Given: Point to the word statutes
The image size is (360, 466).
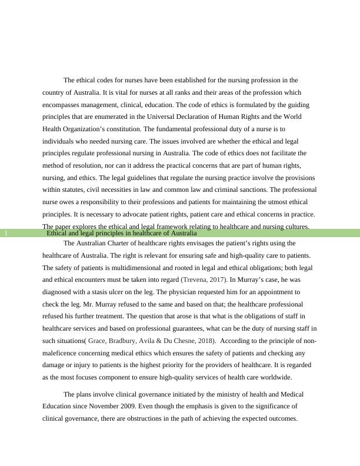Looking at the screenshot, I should [70, 190].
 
